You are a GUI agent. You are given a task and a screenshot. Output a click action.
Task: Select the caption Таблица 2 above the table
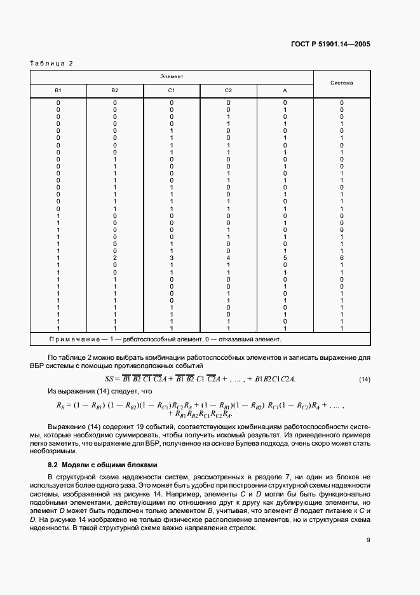pos(52,64)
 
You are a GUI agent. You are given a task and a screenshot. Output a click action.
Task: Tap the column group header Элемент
pos(172,76)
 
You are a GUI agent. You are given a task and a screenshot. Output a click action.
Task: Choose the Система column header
pos(342,83)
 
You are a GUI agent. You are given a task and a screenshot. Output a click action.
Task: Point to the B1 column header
pos(58,90)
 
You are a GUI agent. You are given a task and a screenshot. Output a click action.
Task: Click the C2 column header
pos(228,90)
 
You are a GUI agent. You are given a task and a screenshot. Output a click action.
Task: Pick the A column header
pos(285,90)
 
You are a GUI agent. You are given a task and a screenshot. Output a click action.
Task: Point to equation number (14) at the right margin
pos(364,380)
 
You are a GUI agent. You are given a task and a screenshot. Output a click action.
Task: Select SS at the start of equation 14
pos(108,380)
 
